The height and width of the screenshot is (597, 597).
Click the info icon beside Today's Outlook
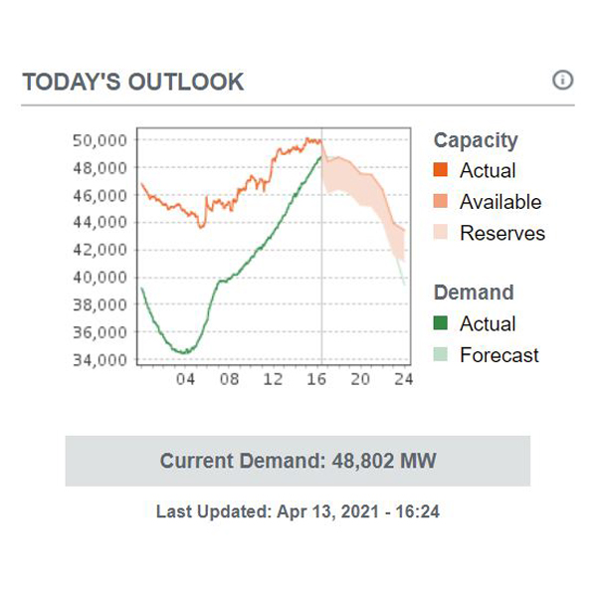click(x=562, y=81)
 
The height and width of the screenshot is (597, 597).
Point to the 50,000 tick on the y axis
click(x=99, y=140)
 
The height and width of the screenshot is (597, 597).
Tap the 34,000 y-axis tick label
click(x=99, y=359)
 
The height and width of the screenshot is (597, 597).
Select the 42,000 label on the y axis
click(x=99, y=250)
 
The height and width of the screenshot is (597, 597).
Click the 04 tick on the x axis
click(x=185, y=379)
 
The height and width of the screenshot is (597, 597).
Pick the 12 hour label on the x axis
click(x=274, y=379)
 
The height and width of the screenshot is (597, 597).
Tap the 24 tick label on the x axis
click(x=403, y=379)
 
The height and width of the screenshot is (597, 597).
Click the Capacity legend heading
click(x=476, y=140)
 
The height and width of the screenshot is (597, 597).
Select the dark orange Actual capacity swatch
click(x=441, y=170)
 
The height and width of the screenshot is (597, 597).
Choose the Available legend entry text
click(x=500, y=202)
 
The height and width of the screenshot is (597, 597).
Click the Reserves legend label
click(x=502, y=233)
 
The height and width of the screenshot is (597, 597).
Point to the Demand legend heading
click(x=474, y=293)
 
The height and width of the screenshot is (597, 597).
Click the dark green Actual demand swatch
click(x=441, y=323)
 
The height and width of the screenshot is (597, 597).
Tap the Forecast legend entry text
click(x=499, y=354)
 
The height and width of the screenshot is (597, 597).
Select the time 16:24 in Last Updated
click(x=418, y=512)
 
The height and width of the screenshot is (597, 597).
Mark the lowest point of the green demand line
click(x=183, y=352)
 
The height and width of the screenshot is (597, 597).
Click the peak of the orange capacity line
click(x=309, y=139)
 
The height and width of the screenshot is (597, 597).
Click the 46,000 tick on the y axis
click(x=99, y=195)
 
